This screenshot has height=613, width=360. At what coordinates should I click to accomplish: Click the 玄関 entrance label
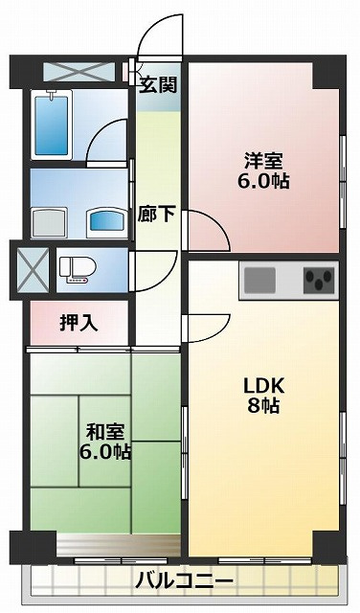(158, 85)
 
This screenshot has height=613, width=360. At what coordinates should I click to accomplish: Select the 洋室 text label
(264, 160)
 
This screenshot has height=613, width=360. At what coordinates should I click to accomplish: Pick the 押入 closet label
(79, 322)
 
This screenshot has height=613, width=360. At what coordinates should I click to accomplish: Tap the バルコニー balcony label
(183, 579)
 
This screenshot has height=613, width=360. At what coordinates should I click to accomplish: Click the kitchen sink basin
(259, 282)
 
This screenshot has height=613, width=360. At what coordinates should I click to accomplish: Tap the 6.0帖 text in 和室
(105, 450)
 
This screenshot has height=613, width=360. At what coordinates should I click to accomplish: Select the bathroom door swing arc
(107, 144)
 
